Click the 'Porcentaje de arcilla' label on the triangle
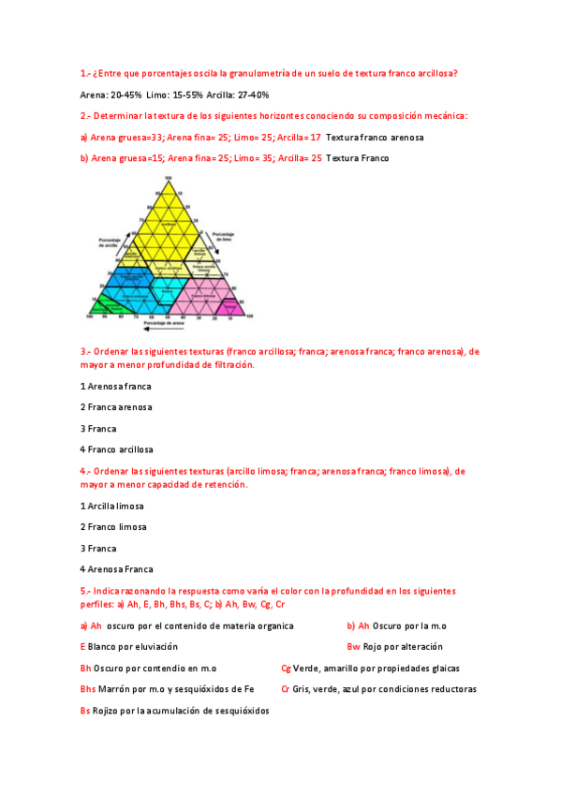point(111,243)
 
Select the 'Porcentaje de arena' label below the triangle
point(165,323)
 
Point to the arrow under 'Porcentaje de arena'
point(165,330)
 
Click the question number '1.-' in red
point(85,73)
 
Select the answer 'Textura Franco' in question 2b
point(358,158)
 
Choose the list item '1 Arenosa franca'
point(116,386)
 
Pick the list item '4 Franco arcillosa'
point(117,449)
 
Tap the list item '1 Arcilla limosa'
point(112,506)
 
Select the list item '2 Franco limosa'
point(113,526)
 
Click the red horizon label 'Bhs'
point(88,689)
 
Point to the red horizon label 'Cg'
point(286,669)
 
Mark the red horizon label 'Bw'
point(353,647)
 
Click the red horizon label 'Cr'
point(286,689)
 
